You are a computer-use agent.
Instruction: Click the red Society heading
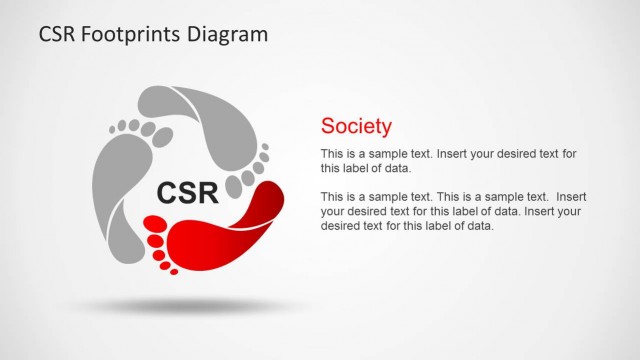(x=356, y=126)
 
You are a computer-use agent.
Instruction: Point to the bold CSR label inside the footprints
(x=188, y=191)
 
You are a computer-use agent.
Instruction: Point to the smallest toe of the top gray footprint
(x=265, y=147)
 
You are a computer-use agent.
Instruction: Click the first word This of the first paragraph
(x=331, y=154)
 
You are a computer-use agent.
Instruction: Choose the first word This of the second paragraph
(x=331, y=197)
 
